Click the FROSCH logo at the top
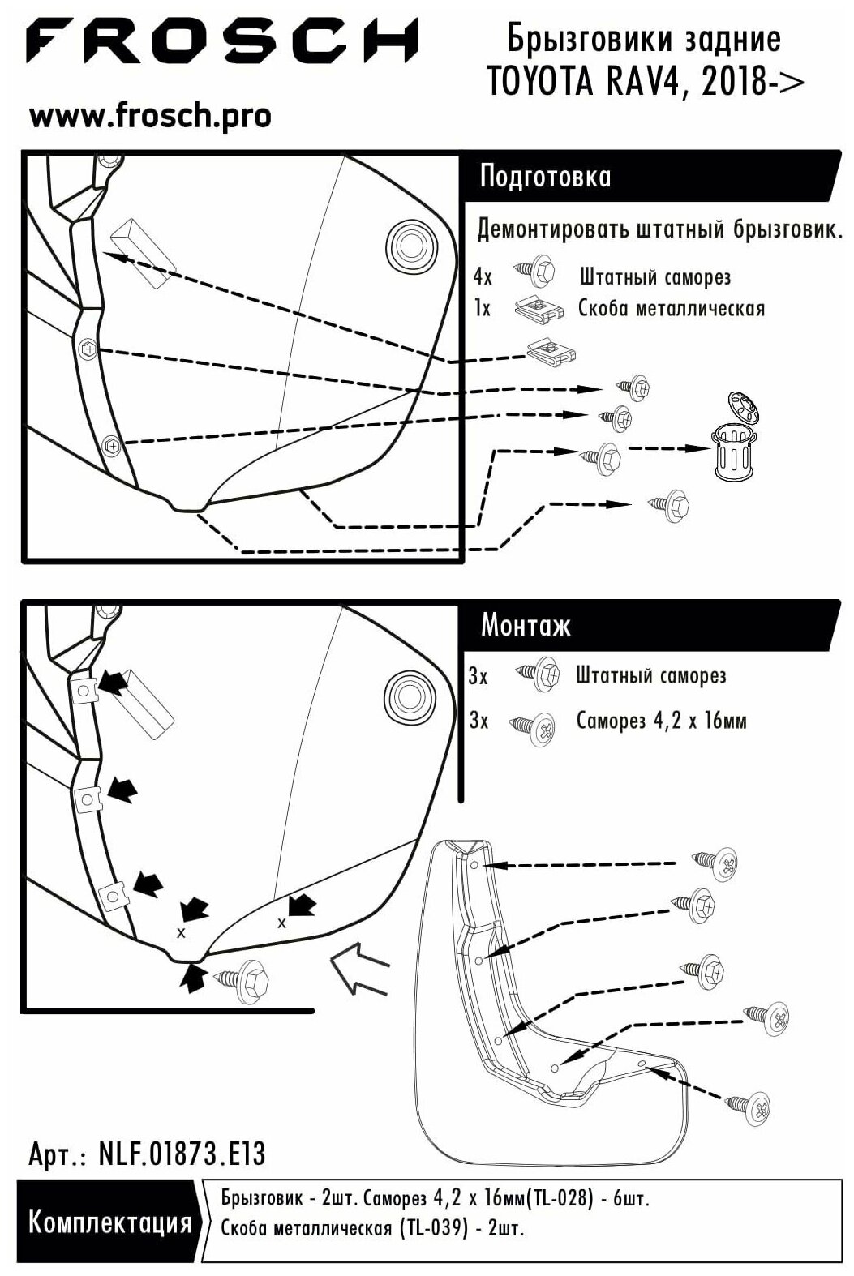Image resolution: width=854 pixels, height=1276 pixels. [222, 41]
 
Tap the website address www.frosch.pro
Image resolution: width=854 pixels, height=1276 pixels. [150, 116]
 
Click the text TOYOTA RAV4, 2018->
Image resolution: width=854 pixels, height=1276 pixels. [645, 81]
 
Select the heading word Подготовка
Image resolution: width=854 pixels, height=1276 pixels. [545, 177]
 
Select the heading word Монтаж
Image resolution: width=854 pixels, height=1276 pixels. [526, 626]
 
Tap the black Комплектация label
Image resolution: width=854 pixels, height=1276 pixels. [109, 1223]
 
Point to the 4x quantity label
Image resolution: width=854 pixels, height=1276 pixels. [483, 277]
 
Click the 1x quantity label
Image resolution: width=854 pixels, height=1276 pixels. [483, 309]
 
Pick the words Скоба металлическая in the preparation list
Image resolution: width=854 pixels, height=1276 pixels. [672, 308]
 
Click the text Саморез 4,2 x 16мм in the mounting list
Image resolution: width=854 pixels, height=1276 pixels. [661, 721]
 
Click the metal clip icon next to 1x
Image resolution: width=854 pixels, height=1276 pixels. [539, 309]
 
